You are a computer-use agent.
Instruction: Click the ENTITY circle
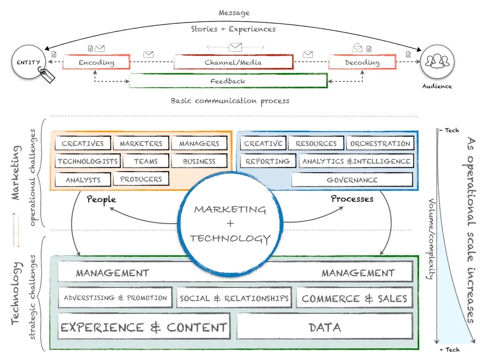29,62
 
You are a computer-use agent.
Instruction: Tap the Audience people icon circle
437,62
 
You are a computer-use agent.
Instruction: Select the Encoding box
96,62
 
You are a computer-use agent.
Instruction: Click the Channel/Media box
233,62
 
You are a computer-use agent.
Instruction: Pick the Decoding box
362,62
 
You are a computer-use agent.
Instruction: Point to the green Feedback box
228,81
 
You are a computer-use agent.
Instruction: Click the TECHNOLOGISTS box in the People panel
88,161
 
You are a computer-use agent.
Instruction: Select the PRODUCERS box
141,179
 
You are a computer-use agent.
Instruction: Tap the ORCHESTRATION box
380,143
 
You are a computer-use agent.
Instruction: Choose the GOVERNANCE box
352,180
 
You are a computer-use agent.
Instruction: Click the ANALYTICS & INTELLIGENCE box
356,161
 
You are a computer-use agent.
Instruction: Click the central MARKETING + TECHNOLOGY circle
230,224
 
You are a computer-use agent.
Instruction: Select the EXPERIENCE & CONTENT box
144,327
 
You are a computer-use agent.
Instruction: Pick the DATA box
324,327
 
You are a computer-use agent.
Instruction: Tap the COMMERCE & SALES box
354,299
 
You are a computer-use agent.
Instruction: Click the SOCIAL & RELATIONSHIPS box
234,299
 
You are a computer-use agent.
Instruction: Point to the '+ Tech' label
450,350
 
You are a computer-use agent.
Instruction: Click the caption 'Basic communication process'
230,101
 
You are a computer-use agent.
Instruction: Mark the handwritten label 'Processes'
352,199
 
